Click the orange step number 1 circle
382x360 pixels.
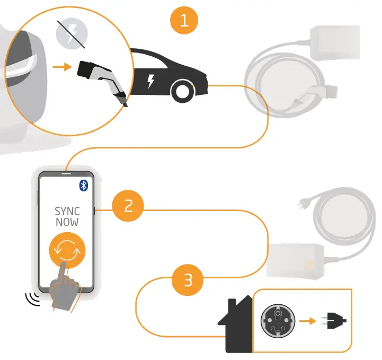[x=184, y=21]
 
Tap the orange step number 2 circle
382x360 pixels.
[x=128, y=206]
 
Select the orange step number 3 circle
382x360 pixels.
[x=187, y=279]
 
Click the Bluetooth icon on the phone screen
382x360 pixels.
[x=83, y=185]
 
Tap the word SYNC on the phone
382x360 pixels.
[x=67, y=211]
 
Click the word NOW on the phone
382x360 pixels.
[x=67, y=222]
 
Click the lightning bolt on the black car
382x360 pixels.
[x=151, y=81]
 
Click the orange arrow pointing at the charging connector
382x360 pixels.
[x=63, y=67]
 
